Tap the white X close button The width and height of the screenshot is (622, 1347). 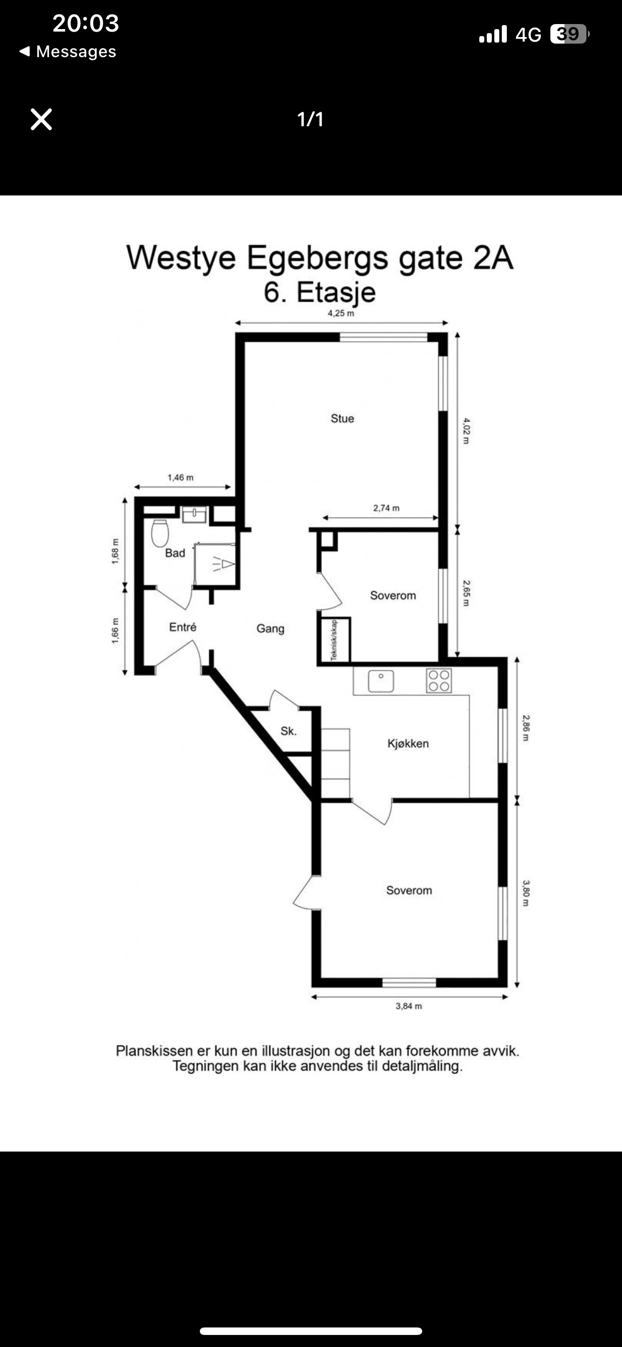click(41, 119)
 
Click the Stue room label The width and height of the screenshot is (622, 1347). click(343, 418)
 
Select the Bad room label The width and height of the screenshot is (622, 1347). click(175, 553)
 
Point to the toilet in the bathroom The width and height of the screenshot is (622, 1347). click(160, 533)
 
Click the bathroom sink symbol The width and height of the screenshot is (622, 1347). click(194, 515)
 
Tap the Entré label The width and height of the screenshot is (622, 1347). click(183, 627)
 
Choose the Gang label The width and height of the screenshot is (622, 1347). click(270, 628)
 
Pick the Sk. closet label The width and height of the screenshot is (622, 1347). click(288, 731)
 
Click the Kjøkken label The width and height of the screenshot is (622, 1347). click(408, 744)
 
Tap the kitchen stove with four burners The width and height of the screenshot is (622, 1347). click(439, 681)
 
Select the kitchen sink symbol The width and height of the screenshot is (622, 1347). click(381, 681)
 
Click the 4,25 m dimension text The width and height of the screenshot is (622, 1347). click(341, 313)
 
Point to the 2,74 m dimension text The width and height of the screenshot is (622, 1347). click(386, 508)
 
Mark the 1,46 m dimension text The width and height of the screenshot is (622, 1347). click(180, 478)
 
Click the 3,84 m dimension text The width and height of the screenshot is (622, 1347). click(409, 1006)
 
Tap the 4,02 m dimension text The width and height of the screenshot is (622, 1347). click(466, 431)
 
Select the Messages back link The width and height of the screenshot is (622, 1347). click(68, 51)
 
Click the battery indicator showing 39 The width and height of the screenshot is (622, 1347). click(570, 34)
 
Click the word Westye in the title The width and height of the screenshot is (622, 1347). click(181, 258)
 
